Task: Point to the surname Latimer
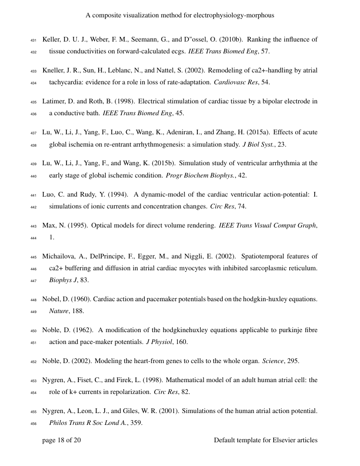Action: (x=54, y=102)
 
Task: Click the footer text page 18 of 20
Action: (x=61, y=440)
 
